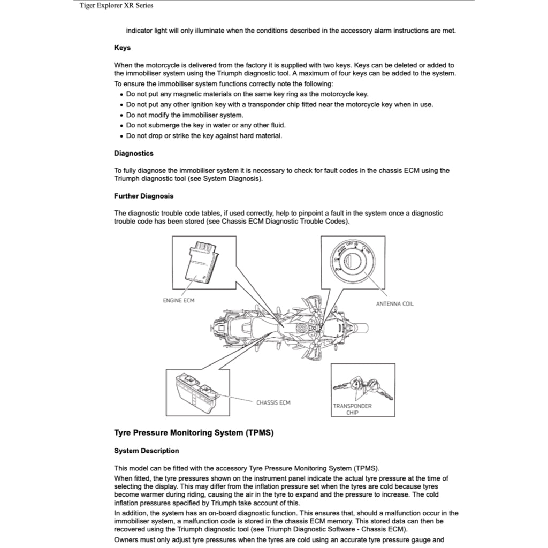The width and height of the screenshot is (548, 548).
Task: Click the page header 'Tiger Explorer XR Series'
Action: pyautogui.click(x=116, y=5)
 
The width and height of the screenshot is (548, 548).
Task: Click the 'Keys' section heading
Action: pyautogui.click(x=122, y=48)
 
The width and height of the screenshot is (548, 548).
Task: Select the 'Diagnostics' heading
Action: pyautogui.click(x=133, y=153)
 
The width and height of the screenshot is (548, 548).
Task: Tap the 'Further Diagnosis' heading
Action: pyautogui.click(x=143, y=196)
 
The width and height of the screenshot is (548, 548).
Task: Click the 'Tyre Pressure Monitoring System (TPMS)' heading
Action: pyautogui.click(x=194, y=432)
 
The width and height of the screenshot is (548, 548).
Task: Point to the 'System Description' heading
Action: pyautogui.click(x=146, y=451)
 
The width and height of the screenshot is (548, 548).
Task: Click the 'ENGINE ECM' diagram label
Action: pyautogui.click(x=179, y=300)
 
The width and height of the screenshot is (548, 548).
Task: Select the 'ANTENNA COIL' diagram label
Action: pyautogui.click(x=394, y=303)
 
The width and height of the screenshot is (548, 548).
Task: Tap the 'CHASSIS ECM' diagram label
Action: pyautogui.click(x=273, y=402)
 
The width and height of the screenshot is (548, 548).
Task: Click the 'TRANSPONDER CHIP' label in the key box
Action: pyautogui.click(x=352, y=409)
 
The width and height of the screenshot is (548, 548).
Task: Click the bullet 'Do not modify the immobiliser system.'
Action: pyautogui.click(x=185, y=115)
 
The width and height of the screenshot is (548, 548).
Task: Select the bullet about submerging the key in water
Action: pyautogui.click(x=205, y=125)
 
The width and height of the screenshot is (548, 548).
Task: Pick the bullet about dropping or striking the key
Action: pyautogui.click(x=204, y=135)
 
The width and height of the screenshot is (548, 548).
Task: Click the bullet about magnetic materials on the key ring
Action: pyautogui.click(x=247, y=94)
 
